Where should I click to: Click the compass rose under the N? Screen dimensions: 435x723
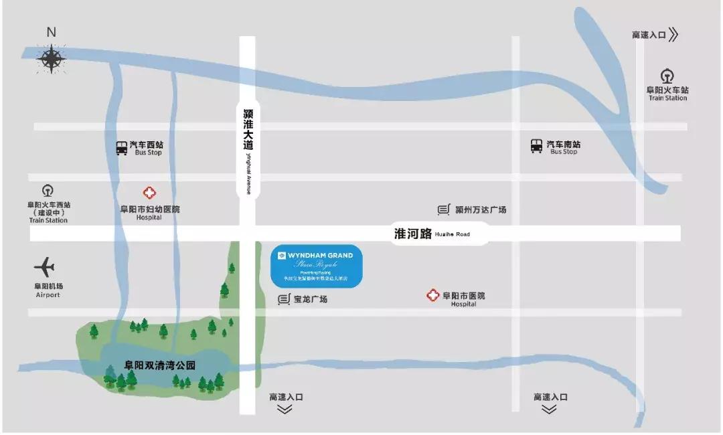click(52, 59)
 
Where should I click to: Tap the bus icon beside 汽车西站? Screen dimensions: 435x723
click(121, 148)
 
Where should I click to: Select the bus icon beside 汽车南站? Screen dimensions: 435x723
click(536, 146)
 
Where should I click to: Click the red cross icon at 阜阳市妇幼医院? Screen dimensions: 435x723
click(150, 193)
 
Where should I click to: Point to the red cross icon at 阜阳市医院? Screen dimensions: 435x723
click(433, 295)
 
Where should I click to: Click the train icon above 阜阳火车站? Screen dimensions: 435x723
click(667, 76)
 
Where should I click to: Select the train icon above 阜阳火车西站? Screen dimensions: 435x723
click(48, 191)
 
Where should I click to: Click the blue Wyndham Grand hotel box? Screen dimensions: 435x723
click(316, 266)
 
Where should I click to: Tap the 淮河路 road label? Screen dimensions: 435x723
click(413, 234)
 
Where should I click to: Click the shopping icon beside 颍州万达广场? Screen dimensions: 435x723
click(443, 210)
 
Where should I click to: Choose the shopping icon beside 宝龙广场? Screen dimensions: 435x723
click(284, 299)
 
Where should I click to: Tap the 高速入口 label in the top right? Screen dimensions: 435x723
click(648, 35)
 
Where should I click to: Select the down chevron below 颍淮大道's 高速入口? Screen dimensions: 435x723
click(285, 409)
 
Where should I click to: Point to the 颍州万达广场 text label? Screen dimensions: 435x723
click(480, 210)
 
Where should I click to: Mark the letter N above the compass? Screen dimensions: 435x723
click(52, 32)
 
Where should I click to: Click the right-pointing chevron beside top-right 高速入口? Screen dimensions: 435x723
click(673, 35)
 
